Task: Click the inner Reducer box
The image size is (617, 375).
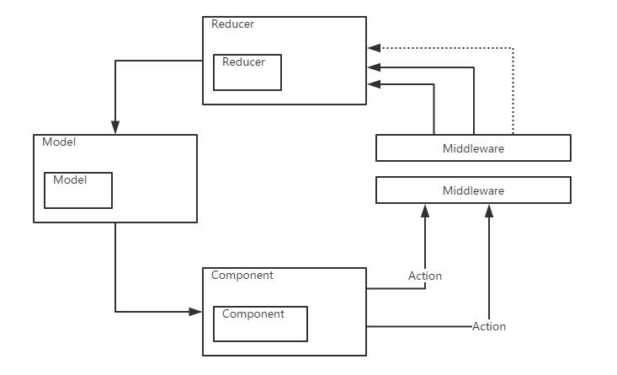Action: (x=247, y=72)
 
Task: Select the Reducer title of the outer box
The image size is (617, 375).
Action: (x=232, y=24)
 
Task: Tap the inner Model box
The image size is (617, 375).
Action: (x=77, y=190)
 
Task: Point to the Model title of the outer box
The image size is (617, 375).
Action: (x=58, y=142)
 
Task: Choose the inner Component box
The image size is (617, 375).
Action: (x=260, y=324)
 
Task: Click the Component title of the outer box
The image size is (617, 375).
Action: (x=242, y=275)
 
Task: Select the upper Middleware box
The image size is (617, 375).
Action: (x=473, y=148)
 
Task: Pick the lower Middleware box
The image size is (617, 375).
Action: (x=473, y=190)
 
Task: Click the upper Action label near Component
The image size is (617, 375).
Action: (x=425, y=276)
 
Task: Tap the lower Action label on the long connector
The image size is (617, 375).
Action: (x=489, y=326)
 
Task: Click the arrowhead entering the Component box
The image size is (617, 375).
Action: (x=196, y=312)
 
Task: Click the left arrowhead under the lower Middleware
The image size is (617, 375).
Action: (x=425, y=209)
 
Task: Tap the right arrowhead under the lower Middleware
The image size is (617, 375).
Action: (x=488, y=209)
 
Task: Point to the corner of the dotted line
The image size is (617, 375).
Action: (x=513, y=48)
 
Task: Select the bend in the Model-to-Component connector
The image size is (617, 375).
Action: (x=115, y=312)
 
